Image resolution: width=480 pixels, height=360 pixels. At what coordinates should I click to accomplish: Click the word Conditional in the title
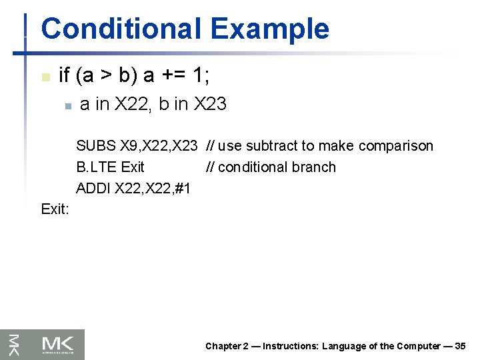tap(120, 29)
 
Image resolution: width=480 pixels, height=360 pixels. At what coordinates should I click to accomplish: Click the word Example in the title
tap(269, 29)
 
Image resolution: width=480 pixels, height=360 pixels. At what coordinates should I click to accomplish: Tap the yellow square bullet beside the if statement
tap(45, 77)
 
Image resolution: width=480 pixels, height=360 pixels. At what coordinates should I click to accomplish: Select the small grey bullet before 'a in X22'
tap(67, 105)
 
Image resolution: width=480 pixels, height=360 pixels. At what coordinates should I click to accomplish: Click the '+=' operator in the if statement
tap(175, 76)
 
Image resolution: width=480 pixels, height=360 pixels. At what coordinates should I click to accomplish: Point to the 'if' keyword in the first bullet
tap(65, 76)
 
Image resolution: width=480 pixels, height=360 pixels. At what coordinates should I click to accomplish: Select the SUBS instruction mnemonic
tap(96, 146)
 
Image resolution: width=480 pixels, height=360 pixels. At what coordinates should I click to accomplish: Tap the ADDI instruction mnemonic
tap(93, 189)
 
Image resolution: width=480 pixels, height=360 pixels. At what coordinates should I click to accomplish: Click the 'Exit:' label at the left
tap(55, 209)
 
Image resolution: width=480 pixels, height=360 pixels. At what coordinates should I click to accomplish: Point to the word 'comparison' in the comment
tap(397, 146)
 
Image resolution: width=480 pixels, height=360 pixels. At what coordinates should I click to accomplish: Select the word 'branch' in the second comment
tap(315, 167)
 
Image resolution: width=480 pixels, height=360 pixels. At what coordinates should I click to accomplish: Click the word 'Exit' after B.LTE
tap(132, 167)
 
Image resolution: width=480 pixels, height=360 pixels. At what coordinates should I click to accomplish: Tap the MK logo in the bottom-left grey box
tap(61, 344)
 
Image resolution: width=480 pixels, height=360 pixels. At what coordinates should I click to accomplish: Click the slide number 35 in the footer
tap(460, 346)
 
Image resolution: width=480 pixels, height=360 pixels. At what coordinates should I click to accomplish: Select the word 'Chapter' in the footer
tap(223, 346)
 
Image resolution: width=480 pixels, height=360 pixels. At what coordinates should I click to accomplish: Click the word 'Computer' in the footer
tap(419, 346)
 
